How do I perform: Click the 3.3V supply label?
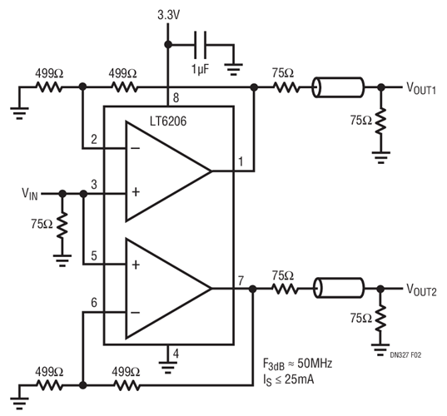169,14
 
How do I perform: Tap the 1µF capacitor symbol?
201,45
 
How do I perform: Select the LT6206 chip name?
168,121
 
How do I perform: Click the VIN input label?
30,194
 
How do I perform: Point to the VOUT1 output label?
421,87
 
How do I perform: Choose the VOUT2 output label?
421,290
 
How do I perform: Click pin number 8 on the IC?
176,97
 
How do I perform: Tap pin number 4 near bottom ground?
176,354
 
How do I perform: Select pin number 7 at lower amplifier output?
241,280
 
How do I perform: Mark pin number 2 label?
94,139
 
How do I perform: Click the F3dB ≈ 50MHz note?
297,364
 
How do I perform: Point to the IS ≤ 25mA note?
289,380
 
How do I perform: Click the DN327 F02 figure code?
405,355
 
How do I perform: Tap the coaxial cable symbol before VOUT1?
339,87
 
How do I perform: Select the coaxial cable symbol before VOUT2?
339,288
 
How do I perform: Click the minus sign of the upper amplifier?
135,148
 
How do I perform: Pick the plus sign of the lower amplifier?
136,265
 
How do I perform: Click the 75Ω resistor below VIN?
62,225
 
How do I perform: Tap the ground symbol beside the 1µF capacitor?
234,69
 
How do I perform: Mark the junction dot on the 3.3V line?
168,44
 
